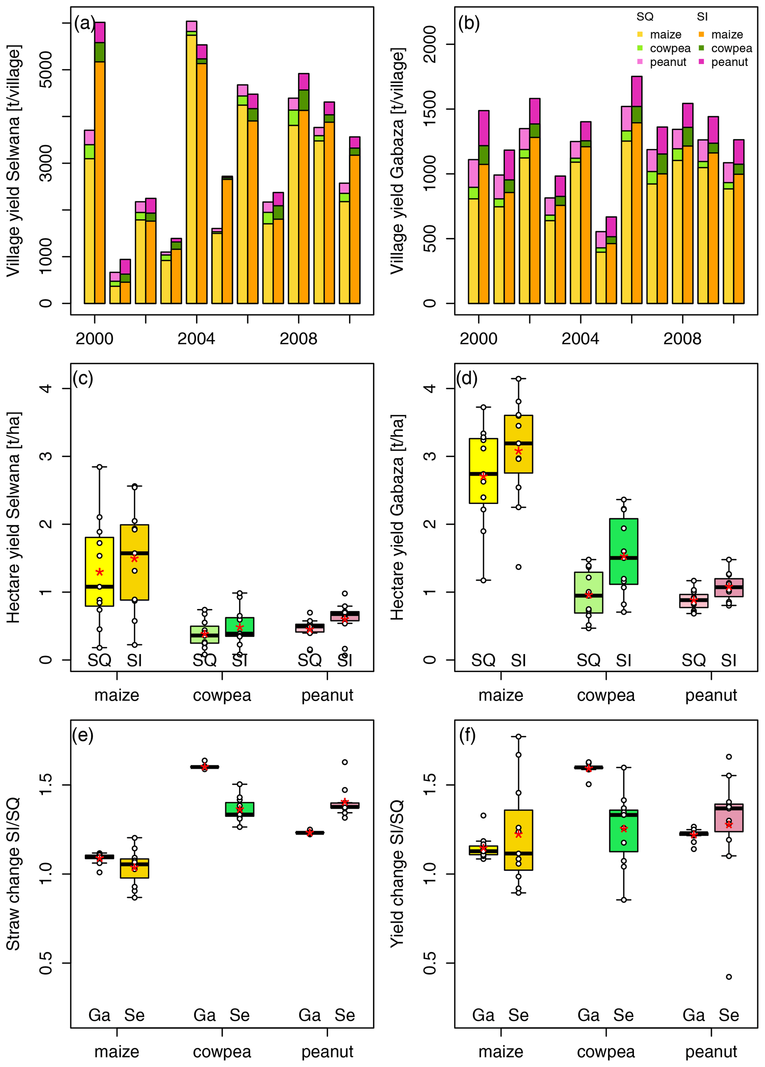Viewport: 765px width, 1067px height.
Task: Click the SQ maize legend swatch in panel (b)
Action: [640, 34]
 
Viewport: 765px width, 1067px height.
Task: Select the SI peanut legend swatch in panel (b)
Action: [701, 61]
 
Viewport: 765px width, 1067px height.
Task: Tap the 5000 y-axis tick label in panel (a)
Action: [46, 70]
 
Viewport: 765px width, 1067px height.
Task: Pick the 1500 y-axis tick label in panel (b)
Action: [430, 109]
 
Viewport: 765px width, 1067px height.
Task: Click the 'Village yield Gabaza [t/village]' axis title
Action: [397, 160]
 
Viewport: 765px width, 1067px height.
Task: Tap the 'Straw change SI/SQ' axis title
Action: [13, 874]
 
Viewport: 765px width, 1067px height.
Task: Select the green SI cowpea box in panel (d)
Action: [624, 551]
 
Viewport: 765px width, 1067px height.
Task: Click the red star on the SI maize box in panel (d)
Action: [518, 451]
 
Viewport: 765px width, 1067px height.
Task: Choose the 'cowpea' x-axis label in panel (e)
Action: [222, 1051]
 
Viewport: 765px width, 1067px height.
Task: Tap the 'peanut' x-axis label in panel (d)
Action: [711, 695]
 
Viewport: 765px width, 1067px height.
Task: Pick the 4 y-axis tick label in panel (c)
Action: [46, 388]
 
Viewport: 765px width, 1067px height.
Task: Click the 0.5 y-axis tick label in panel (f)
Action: [430, 963]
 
